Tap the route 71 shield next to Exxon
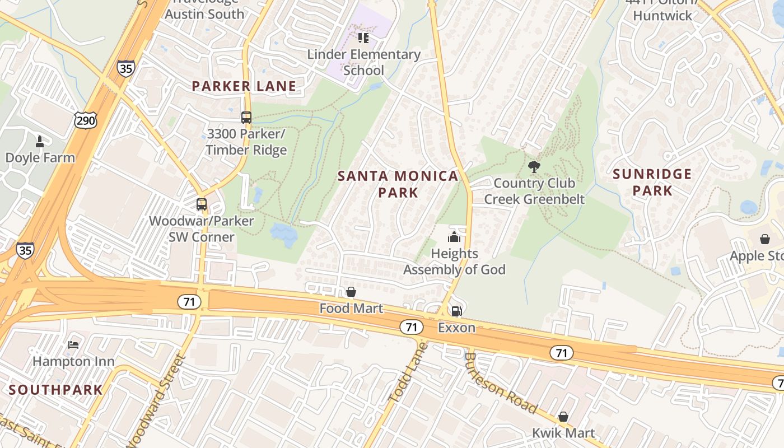tap(412, 327)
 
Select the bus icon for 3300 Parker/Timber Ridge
tap(246, 118)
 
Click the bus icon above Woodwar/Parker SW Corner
tap(202, 204)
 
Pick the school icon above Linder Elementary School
tap(363, 38)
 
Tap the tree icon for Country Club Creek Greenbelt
tap(534, 166)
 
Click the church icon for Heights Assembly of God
tap(454, 237)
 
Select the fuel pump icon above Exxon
tap(457, 311)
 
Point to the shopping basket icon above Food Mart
tap(351, 292)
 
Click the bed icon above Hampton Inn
tap(73, 344)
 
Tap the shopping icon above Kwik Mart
tap(563, 417)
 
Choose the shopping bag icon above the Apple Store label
tap(765, 240)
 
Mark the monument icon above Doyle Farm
tap(40, 141)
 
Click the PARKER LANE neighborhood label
tap(244, 86)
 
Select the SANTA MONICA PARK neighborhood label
tap(398, 184)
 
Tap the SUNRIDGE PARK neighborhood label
tap(652, 183)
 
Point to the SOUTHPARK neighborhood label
tap(56, 390)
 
